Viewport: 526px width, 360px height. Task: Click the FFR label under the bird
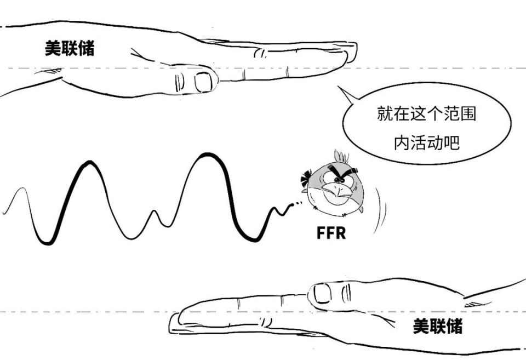[331, 233]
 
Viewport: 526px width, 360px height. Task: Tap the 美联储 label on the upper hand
[70, 48]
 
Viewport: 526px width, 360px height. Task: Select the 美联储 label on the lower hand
[437, 326]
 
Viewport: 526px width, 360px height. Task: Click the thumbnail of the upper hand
[203, 82]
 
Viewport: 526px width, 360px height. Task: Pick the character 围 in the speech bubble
[468, 113]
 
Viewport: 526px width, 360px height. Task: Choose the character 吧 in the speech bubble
[451, 142]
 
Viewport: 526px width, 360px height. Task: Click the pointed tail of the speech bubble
[338, 87]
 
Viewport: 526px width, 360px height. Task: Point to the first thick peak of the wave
[89, 162]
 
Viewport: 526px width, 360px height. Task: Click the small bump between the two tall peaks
[154, 211]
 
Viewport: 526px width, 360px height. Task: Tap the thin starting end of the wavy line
[3, 213]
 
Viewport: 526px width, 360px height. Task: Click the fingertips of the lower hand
[174, 323]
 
